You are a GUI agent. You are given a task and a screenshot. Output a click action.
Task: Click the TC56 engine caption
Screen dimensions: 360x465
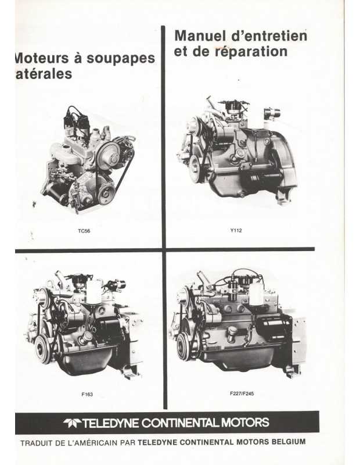coord(84,231)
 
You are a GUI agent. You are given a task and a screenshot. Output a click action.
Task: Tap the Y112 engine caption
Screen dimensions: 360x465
coord(236,230)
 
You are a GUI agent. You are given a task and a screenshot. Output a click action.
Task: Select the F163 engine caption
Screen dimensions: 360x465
coord(87,394)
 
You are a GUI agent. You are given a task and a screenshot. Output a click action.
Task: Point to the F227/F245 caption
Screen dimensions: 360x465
coord(242,394)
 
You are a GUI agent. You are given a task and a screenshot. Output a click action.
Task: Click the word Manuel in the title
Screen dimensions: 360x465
coord(199,36)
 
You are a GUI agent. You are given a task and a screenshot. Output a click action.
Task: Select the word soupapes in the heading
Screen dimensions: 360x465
coord(121,59)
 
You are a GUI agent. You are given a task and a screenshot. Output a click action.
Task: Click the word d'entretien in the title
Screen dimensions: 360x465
coord(267,36)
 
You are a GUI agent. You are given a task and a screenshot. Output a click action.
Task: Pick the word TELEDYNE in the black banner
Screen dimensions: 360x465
coord(110,423)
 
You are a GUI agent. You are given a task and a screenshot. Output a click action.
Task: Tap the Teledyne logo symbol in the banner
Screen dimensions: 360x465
coord(72,423)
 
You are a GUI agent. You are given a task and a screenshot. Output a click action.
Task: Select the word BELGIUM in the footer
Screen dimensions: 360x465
coord(289,442)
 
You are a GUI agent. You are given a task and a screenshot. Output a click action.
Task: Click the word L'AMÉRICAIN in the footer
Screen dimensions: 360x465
coord(92,443)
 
